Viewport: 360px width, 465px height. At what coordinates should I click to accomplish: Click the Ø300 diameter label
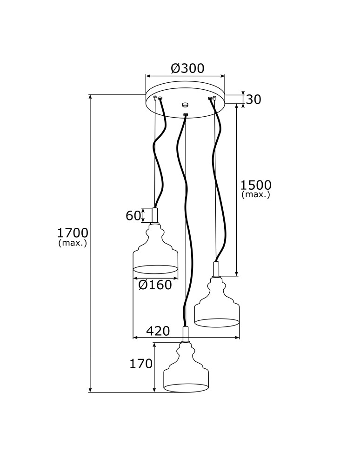[187, 68]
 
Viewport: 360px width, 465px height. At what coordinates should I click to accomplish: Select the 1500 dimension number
[255, 186]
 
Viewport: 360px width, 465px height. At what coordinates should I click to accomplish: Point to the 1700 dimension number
[73, 233]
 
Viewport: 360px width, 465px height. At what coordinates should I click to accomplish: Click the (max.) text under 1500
[255, 195]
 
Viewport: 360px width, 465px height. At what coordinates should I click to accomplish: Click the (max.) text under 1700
[73, 243]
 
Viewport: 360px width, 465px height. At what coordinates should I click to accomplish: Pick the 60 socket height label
[133, 215]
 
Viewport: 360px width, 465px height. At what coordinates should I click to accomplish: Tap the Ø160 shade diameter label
[155, 285]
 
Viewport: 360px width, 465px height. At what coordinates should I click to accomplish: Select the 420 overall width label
[158, 331]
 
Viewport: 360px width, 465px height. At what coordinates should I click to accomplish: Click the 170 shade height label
[141, 364]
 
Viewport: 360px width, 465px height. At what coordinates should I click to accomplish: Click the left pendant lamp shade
[155, 251]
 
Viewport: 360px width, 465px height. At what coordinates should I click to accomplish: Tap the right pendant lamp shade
[217, 305]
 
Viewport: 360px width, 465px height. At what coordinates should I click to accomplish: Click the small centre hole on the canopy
[185, 105]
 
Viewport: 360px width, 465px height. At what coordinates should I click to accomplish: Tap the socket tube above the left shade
[155, 215]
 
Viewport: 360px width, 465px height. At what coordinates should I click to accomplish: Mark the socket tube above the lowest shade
[186, 333]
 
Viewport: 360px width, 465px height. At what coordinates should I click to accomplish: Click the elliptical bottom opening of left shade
[155, 269]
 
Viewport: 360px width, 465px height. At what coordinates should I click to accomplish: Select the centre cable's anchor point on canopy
[186, 114]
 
